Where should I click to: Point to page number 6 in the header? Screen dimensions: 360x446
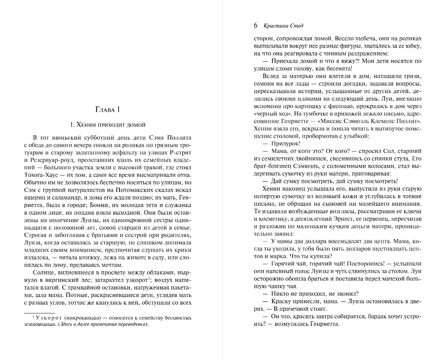255,25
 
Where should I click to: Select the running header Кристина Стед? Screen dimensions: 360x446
280,26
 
